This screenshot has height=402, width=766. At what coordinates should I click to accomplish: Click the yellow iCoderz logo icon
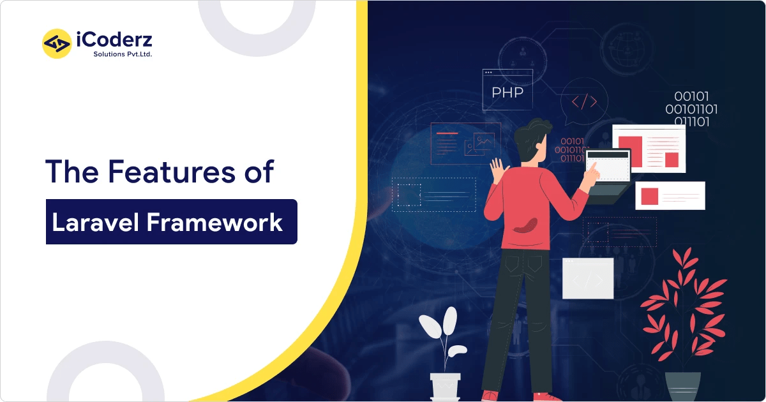tap(57, 43)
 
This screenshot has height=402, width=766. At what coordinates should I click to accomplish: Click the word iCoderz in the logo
tap(114, 41)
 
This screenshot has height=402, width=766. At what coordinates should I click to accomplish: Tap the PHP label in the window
tap(507, 93)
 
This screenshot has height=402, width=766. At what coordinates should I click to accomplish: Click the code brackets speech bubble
tap(583, 101)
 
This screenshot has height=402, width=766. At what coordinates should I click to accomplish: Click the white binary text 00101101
tap(691, 109)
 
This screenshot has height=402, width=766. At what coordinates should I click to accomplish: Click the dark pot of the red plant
tap(682, 385)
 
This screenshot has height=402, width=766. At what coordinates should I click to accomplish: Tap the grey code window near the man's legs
tap(587, 278)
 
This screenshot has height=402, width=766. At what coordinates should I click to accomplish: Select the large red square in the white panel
tap(631, 151)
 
